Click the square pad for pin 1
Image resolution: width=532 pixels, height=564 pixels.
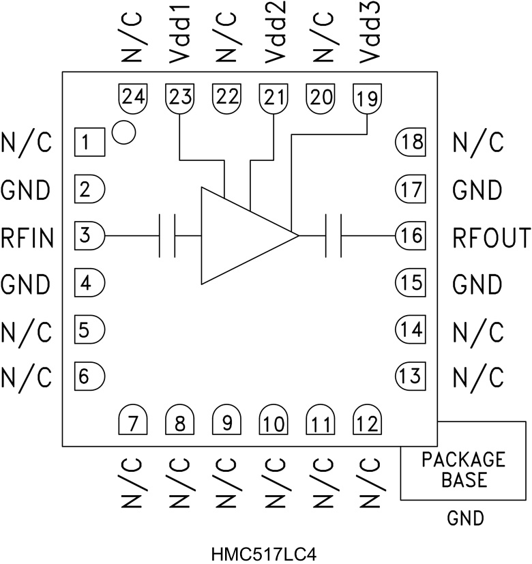click(88, 143)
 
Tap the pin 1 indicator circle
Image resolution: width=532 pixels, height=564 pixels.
click(123, 132)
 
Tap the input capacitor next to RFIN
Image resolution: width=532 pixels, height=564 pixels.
click(167, 236)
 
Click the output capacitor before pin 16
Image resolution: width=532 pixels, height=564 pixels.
click(334, 236)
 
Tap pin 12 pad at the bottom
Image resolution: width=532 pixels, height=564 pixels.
click(368, 423)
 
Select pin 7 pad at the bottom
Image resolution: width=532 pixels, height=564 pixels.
click(133, 423)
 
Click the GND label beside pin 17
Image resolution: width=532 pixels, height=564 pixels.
click(477, 190)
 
